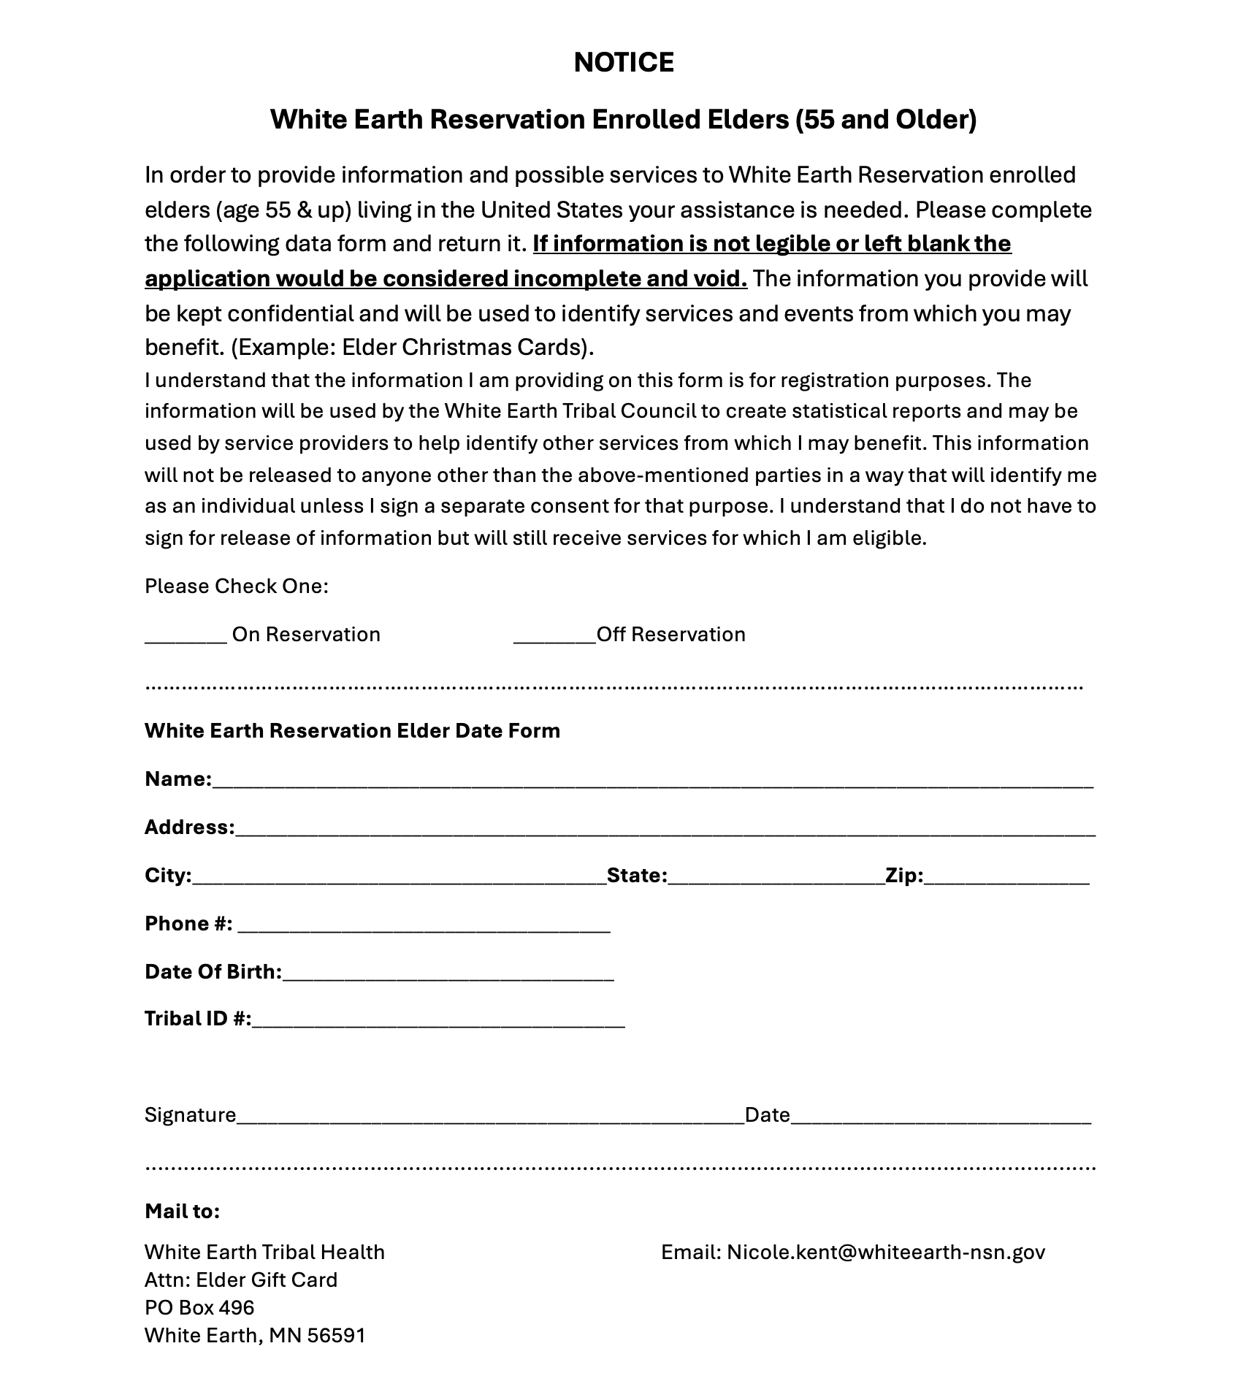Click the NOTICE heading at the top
pyautogui.click(x=623, y=63)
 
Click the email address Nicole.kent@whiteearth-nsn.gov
pyautogui.click(x=885, y=1252)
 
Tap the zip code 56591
pyautogui.click(x=336, y=1335)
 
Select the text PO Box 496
pyautogui.click(x=199, y=1307)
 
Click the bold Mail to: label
pyautogui.click(x=182, y=1211)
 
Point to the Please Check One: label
pyautogui.click(x=236, y=586)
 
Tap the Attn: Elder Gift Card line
pyautogui.click(x=241, y=1280)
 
